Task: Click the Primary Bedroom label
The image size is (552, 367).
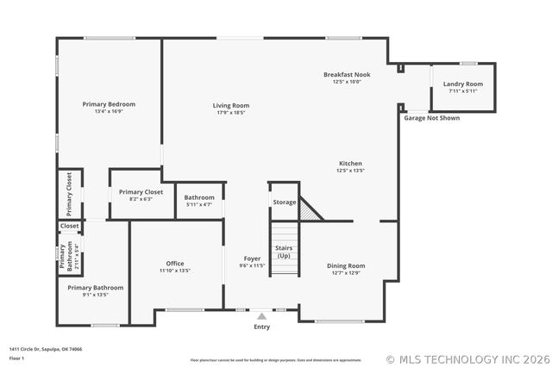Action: pyautogui.click(x=109, y=104)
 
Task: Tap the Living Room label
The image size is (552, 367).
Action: pyautogui.click(x=230, y=105)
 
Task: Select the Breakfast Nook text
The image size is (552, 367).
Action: pyautogui.click(x=347, y=75)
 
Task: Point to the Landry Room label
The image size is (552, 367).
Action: pyautogui.click(x=462, y=84)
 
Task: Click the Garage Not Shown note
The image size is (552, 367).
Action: pyautogui.click(x=431, y=118)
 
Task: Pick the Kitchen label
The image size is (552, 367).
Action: pyautogui.click(x=350, y=163)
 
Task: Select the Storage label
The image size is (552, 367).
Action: pyautogui.click(x=284, y=202)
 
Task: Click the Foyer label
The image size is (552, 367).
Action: pyautogui.click(x=252, y=258)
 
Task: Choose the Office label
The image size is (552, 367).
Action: pyautogui.click(x=174, y=264)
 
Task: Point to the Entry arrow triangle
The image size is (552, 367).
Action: pyautogui.click(x=261, y=316)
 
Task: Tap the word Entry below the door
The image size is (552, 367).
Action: pyautogui.click(x=261, y=327)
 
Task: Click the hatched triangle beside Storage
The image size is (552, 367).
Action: pyautogui.click(x=309, y=210)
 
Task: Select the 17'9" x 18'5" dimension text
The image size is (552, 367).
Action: pyautogui.click(x=230, y=113)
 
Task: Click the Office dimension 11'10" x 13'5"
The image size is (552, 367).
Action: pyautogui.click(x=174, y=271)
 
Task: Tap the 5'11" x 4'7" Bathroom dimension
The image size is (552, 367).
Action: pyautogui.click(x=199, y=204)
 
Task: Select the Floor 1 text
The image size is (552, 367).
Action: pyautogui.click(x=16, y=358)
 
